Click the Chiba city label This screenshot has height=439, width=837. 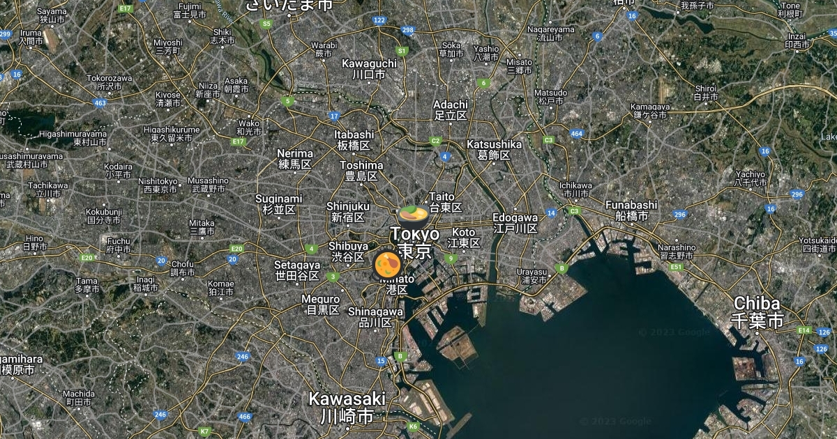[x=757, y=311]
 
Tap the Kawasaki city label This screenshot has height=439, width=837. [x=347, y=408]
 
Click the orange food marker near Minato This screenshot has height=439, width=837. [x=386, y=265]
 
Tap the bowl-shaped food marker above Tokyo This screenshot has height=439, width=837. [x=412, y=212]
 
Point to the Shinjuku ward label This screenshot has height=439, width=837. [x=348, y=211]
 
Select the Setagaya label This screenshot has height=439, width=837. [x=297, y=270]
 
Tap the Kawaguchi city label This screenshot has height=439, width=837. [x=369, y=68]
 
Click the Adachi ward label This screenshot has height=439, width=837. [x=451, y=109]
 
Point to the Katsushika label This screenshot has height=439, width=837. [x=494, y=149]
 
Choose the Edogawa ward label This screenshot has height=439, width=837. [x=515, y=222]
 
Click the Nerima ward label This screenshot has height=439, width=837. [x=294, y=158]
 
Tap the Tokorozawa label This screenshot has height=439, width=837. [x=110, y=82]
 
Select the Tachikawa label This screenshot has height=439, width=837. [x=47, y=190]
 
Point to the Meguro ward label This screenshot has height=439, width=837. [x=320, y=305]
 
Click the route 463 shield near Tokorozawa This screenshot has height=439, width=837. [x=100, y=103]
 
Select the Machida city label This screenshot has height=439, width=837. [x=78, y=397]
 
